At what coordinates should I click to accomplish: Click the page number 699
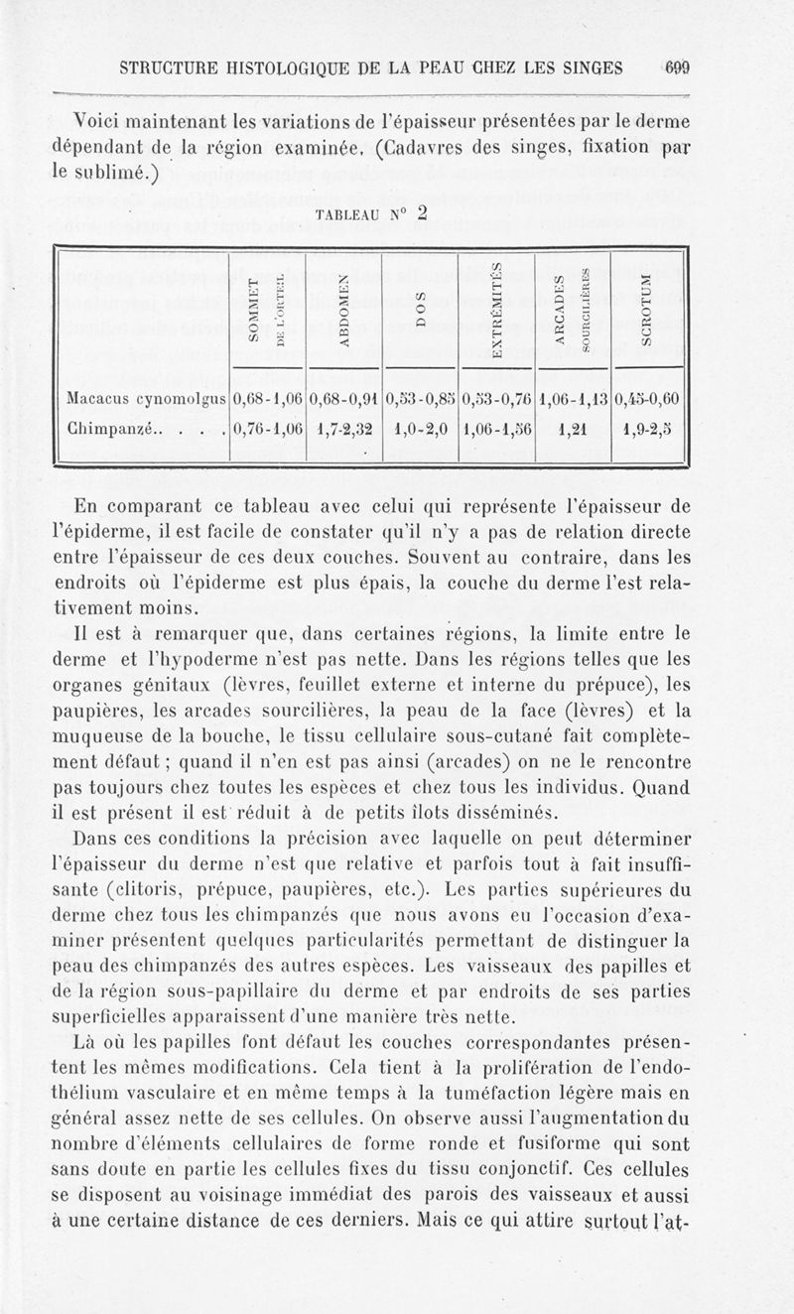(x=678, y=68)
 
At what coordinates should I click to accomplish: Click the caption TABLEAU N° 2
(x=371, y=212)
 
